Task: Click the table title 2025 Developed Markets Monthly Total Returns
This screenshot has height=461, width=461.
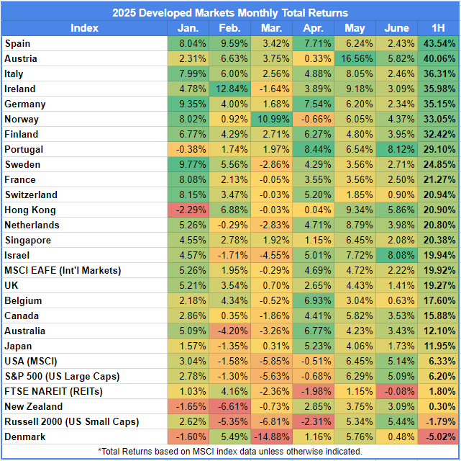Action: pos(230,13)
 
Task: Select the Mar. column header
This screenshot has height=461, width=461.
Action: pos(271,28)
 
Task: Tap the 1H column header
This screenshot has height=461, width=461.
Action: pos(438,28)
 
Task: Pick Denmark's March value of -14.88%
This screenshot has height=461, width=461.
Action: pos(272,437)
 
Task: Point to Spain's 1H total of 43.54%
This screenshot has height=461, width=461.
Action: pos(439,43)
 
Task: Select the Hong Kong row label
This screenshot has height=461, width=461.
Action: pos(30,210)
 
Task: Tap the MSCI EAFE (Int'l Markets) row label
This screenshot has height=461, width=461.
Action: pos(63,271)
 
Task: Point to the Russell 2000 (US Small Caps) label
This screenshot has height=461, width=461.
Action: pos(72,422)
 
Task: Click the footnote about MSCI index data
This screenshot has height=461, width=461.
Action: pos(230,452)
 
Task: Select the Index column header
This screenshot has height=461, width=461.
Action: pos(84,28)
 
